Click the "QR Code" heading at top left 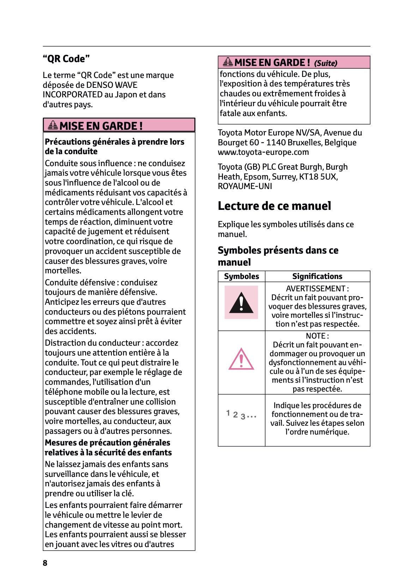pyautogui.click(x=66, y=59)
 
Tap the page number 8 pyautogui.click(x=45, y=563)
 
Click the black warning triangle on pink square pyautogui.click(x=241, y=303)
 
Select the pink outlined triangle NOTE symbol pyautogui.click(x=241, y=359)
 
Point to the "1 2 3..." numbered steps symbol pyautogui.click(x=241, y=415)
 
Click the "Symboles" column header pyautogui.click(x=241, y=276)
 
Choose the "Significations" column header pyautogui.click(x=317, y=276)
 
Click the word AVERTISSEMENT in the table pyautogui.click(x=315, y=289)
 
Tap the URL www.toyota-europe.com pyautogui.click(x=263, y=152)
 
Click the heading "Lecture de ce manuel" pyautogui.click(x=274, y=206)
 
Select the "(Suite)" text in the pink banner pyautogui.click(x=326, y=63)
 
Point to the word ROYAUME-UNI pyautogui.click(x=245, y=186)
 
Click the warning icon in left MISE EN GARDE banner pyautogui.click(x=53, y=125)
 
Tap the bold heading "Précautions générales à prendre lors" pyautogui.click(x=114, y=142)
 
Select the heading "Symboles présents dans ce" pyautogui.click(x=278, y=250)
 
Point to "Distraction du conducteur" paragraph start pyautogui.click(x=92, y=343)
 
